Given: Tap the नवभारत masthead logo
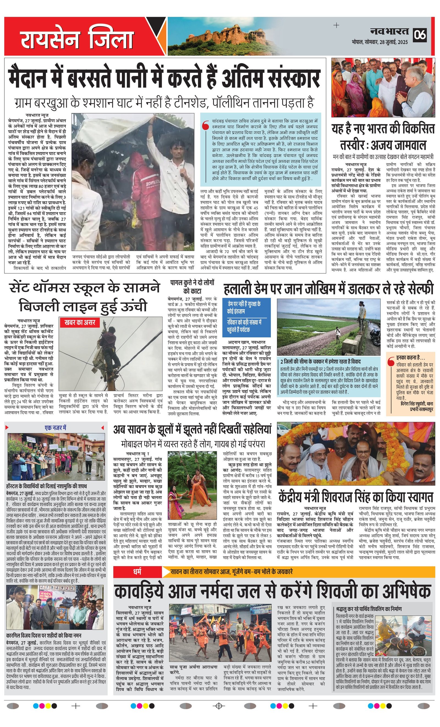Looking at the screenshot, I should pyautogui.click(x=389, y=32).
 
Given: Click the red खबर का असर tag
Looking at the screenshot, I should pyautogui.click(x=80, y=323).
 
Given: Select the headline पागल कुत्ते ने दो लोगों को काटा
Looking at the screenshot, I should pyautogui.click(x=192, y=287).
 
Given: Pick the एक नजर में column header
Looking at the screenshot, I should pyautogui.click(x=56, y=428).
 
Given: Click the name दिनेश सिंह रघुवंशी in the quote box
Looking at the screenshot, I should pyautogui.click(x=417, y=403).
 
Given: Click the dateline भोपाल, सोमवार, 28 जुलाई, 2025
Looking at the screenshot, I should pyautogui.click(x=380, y=42).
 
